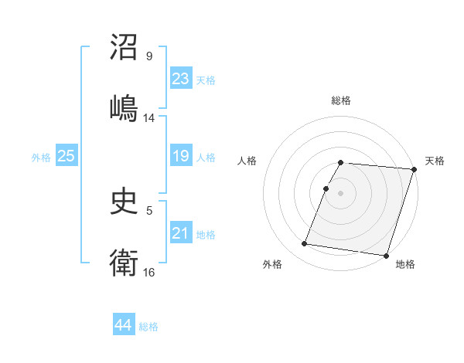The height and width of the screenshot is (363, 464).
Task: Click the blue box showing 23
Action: (180, 79)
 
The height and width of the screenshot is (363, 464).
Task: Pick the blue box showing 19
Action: (180, 156)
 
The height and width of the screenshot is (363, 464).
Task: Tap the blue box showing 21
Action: (180, 233)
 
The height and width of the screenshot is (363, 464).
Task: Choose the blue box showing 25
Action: (66, 156)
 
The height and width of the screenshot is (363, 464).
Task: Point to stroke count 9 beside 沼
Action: (149, 56)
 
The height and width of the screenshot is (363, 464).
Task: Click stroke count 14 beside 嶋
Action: (149, 118)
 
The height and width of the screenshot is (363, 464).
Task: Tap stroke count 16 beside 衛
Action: (149, 273)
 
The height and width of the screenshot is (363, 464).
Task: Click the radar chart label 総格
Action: (341, 100)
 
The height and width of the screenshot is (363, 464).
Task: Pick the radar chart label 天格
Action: (435, 161)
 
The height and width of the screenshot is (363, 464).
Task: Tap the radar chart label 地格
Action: (405, 264)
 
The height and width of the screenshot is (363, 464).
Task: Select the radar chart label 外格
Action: (272, 264)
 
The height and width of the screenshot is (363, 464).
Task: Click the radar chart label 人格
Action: (247, 161)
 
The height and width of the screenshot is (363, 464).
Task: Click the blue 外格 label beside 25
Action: (41, 157)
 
